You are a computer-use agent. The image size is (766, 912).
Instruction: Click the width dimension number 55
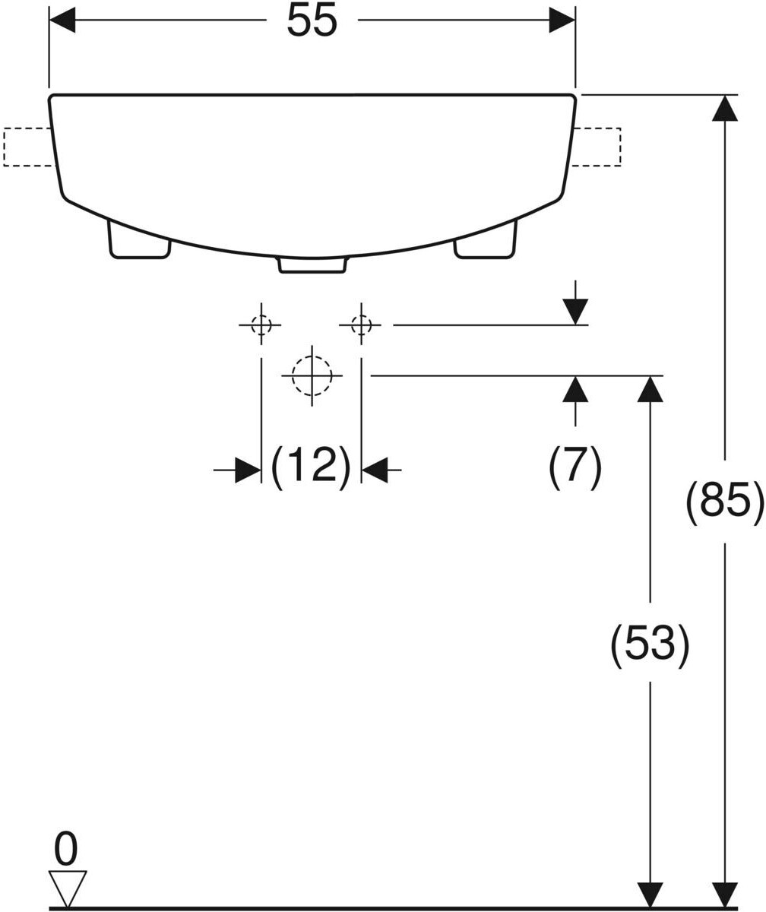click(x=312, y=21)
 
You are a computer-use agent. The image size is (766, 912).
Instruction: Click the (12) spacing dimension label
click(x=311, y=466)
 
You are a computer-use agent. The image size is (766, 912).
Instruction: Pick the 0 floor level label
click(x=66, y=849)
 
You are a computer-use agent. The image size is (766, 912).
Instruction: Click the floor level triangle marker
click(x=68, y=886)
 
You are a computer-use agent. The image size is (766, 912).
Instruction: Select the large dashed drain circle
click(x=312, y=375)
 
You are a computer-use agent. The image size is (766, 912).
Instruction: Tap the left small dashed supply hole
click(x=261, y=325)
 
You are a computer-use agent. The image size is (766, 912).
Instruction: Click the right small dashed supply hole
click(x=361, y=325)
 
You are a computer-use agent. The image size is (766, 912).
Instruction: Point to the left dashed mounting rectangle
click(x=27, y=147)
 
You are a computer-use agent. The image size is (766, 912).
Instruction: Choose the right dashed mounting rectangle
click(x=597, y=147)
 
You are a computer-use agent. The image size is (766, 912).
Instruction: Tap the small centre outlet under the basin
click(x=312, y=264)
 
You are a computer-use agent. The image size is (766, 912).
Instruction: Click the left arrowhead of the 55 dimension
click(x=62, y=21)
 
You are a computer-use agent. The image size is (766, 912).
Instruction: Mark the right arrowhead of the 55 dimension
click(x=562, y=21)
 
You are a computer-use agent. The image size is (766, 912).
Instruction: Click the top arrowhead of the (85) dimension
click(x=725, y=108)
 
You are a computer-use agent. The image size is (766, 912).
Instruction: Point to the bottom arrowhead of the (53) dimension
click(x=650, y=895)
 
